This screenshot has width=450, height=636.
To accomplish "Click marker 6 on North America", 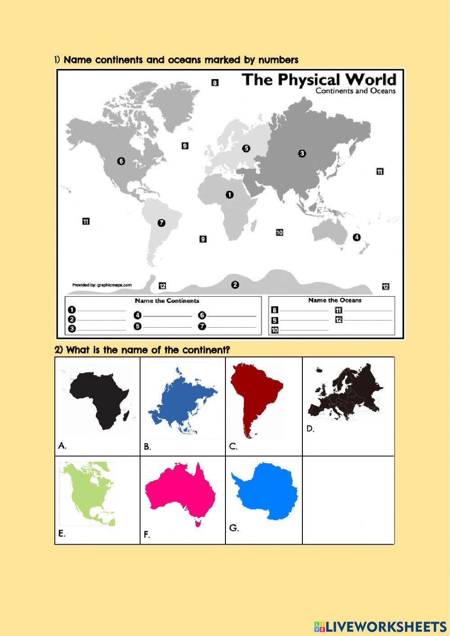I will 121,161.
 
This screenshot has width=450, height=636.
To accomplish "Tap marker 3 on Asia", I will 302,153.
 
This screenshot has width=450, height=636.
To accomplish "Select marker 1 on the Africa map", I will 229,194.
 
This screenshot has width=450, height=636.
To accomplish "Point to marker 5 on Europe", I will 246,149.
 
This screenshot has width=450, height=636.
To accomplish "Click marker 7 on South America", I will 162,223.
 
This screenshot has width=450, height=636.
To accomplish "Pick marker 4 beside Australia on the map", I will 356,237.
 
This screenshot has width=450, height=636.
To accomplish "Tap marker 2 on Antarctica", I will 235,284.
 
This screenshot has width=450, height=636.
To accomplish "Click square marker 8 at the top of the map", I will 215,83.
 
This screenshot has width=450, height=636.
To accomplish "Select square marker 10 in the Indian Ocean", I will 279,233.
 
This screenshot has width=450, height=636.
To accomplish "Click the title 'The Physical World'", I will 319,80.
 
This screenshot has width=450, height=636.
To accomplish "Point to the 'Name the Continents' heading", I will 167,301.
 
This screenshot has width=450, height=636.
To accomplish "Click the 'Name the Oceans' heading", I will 335,300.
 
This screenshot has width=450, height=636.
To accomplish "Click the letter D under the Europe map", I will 310,429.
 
